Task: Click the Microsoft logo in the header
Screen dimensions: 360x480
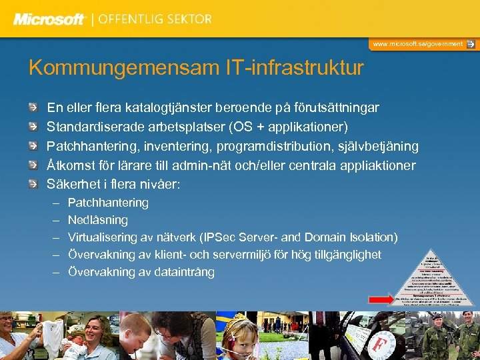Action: coord(50,19)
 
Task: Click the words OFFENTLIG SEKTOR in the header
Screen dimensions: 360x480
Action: coord(155,19)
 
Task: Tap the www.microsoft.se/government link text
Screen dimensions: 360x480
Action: coord(417,44)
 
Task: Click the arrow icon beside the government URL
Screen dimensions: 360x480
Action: coord(471,44)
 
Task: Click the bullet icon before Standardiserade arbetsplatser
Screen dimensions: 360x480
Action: coord(33,127)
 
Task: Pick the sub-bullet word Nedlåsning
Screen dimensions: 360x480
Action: coord(98,220)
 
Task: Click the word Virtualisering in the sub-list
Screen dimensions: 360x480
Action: coord(102,237)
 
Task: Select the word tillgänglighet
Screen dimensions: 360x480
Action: coord(344,255)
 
